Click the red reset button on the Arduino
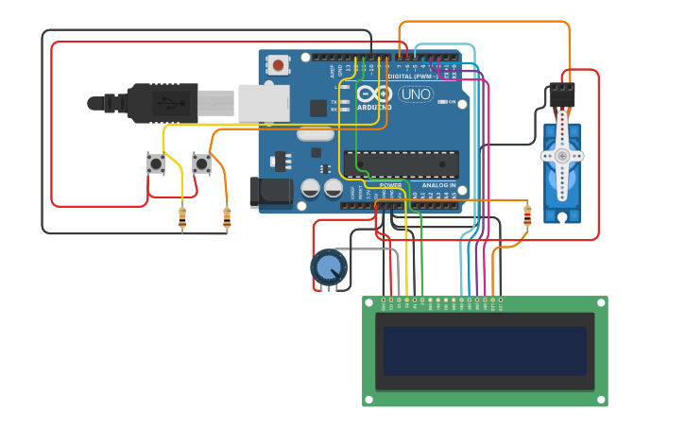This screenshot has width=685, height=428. tap(279, 65)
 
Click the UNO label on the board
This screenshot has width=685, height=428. tap(416, 94)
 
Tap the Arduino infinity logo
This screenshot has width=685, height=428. tap(374, 94)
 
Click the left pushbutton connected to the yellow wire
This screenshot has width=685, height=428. tap(156, 163)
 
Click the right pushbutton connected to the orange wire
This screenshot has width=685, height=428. tap(201, 163)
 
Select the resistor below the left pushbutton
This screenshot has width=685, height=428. tap(182, 219)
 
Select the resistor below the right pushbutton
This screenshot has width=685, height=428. tap(226, 218)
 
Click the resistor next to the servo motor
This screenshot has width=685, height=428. tap(527, 216)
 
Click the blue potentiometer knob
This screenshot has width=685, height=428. tap(328, 267)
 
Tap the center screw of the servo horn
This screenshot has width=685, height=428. tap(562, 155)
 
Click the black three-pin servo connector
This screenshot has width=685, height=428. tap(562, 94)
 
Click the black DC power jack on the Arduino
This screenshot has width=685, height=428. tap(271, 192)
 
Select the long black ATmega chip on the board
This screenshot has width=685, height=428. tap(407, 163)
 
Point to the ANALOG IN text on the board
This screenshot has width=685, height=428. tap(438, 185)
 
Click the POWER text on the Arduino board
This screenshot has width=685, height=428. tap(390, 185)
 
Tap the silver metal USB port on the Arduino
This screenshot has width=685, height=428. tap(263, 103)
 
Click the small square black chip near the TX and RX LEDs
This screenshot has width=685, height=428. tap(318, 108)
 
